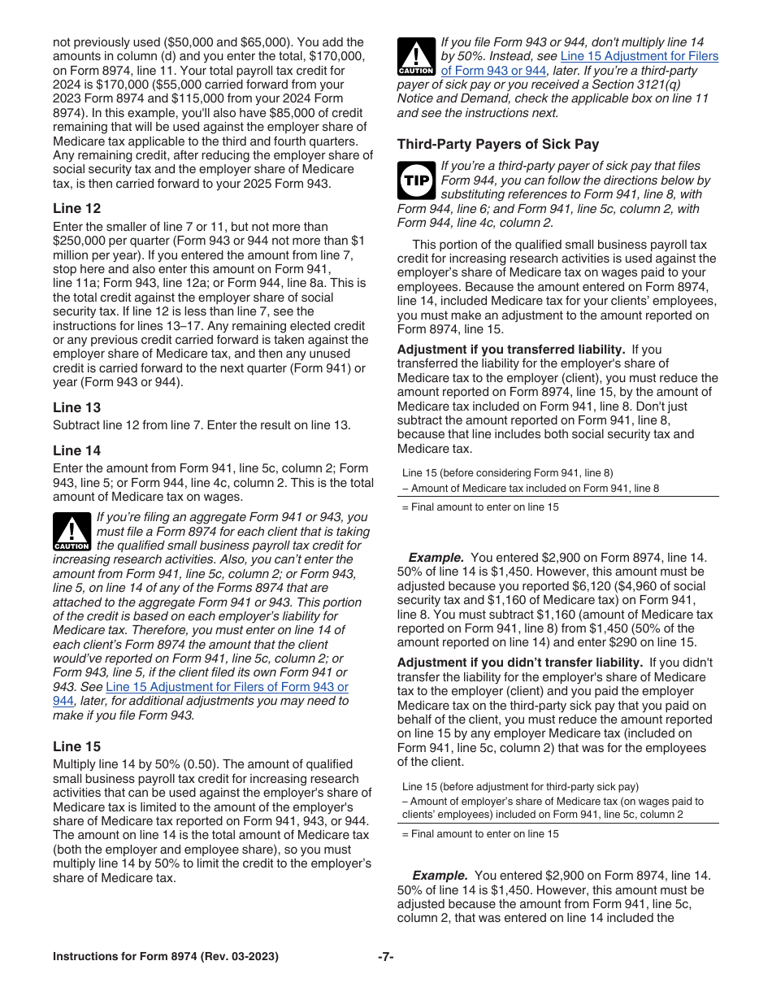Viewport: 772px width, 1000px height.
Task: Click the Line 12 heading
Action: pos(77,208)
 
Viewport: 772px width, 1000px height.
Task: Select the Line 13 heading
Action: pos(77,407)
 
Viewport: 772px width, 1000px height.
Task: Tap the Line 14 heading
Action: pos(77,450)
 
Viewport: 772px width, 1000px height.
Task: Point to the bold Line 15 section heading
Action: pos(77,746)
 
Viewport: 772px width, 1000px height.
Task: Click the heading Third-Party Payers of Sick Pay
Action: pos(498,144)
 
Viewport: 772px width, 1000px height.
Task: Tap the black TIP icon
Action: pos(415,180)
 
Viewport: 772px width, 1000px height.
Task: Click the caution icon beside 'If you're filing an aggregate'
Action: pos(72,532)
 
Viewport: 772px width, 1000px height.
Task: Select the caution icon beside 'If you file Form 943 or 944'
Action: pos(415,57)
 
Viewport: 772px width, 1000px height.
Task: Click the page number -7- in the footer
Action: pos(386,957)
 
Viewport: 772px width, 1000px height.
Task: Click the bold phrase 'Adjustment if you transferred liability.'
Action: pos(510,350)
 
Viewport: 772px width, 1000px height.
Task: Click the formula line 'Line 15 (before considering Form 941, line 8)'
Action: pos(507,473)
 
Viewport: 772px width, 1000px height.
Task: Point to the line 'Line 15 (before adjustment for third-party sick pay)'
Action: pos(520,786)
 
